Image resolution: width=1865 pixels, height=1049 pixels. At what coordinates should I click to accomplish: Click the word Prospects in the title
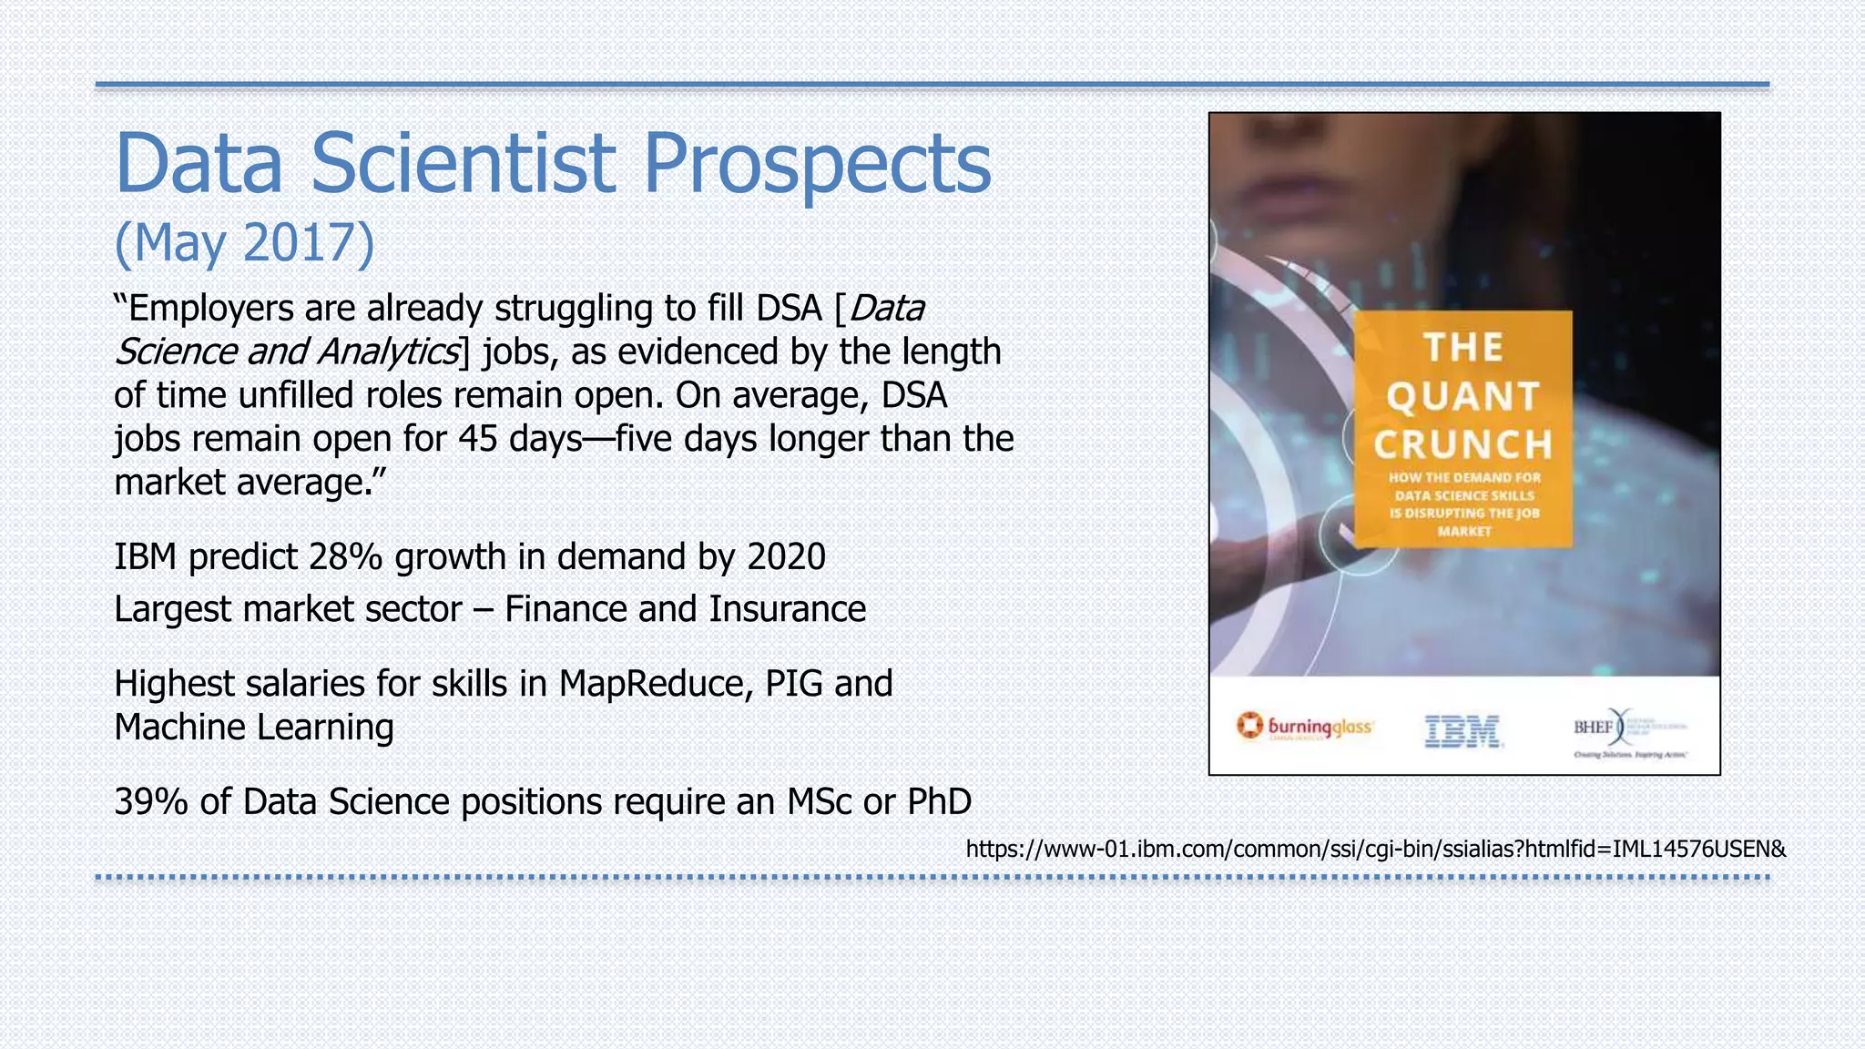[x=817, y=164]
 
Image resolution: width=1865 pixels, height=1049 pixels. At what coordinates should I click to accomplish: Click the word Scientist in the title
[x=464, y=164]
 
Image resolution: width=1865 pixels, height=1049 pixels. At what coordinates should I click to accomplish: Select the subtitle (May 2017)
[x=244, y=243]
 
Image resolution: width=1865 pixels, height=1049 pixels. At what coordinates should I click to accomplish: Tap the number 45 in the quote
[x=478, y=439]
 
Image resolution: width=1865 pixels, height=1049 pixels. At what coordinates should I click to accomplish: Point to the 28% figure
[x=345, y=556]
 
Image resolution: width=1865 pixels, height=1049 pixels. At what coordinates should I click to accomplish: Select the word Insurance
[x=787, y=609]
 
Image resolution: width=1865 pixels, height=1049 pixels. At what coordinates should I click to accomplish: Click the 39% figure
[x=151, y=802]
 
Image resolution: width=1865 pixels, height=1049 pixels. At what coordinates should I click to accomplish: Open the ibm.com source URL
[x=1375, y=850]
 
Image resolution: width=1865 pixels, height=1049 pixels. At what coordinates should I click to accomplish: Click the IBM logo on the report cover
[x=1462, y=730]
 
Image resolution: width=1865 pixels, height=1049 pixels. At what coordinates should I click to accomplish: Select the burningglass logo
[x=1304, y=727]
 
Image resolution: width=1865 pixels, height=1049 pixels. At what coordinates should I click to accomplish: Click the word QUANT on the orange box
[x=1462, y=396]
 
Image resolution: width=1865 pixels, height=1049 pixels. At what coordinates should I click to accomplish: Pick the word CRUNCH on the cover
[x=1462, y=445]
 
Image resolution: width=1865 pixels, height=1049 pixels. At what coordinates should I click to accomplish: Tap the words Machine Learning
[x=254, y=728]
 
